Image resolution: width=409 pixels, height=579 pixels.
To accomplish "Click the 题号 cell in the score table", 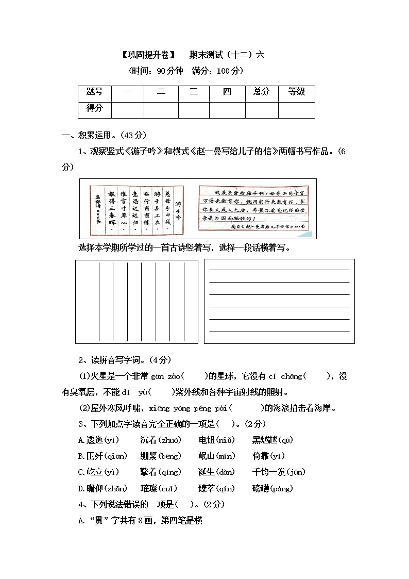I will pyautogui.click(x=95, y=92).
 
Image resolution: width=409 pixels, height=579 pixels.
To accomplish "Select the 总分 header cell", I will pyautogui.click(x=262, y=92).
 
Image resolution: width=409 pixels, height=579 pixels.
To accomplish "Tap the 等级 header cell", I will pyautogui.click(x=297, y=92).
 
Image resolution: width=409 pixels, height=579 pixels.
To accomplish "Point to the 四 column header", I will pyautogui.click(x=227, y=92).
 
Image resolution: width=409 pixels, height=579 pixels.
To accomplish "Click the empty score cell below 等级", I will pyautogui.click(x=297, y=110).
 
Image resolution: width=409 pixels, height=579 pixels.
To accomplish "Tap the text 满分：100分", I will pyautogui.click(x=218, y=71).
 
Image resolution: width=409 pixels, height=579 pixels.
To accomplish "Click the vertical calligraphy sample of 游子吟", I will pyautogui.click(x=137, y=208).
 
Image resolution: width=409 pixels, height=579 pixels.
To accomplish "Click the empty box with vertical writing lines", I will pyautogui.click(x=137, y=301).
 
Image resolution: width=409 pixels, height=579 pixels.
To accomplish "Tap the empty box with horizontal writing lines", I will pyautogui.click(x=279, y=301).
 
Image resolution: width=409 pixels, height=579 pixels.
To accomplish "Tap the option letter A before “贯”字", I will pyautogui.click(x=81, y=521).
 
